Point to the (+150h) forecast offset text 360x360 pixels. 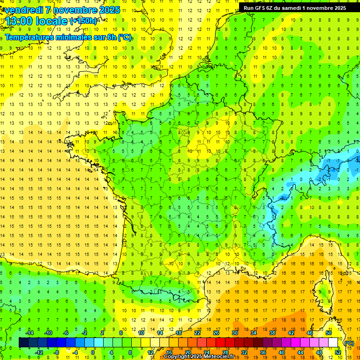(x=83, y=21)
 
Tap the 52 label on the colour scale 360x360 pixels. (x=338, y=352)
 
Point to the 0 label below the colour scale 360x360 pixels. (x=93, y=352)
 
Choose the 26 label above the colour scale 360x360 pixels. (x=216, y=333)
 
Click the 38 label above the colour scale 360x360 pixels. (x=272, y=333)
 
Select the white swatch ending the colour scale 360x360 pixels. (x=333, y=343)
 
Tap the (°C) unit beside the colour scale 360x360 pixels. (x=349, y=343)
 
